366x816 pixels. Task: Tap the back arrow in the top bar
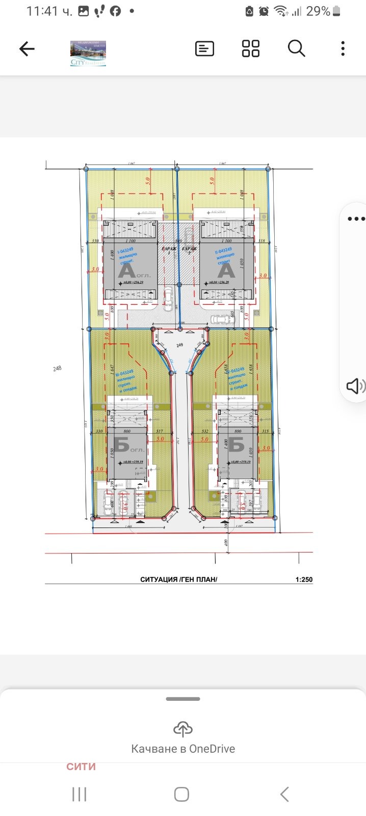click(27, 49)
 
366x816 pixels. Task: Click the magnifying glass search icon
click(296, 49)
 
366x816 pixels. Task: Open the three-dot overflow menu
click(343, 49)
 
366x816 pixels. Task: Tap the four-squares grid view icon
click(250, 49)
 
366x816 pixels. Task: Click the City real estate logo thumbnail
click(88, 54)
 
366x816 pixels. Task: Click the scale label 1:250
click(304, 580)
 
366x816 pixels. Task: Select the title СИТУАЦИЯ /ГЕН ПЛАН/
click(179, 580)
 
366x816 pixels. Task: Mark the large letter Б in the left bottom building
click(121, 445)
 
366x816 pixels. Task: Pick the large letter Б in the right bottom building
click(236, 445)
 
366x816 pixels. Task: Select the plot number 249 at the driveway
click(179, 346)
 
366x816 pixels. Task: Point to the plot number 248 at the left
click(57, 368)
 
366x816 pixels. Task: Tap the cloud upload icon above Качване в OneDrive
click(183, 729)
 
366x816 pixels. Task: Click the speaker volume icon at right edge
click(355, 386)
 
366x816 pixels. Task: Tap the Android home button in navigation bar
click(181, 794)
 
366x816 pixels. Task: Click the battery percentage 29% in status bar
click(318, 11)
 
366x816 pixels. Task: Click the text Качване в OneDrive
click(183, 749)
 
